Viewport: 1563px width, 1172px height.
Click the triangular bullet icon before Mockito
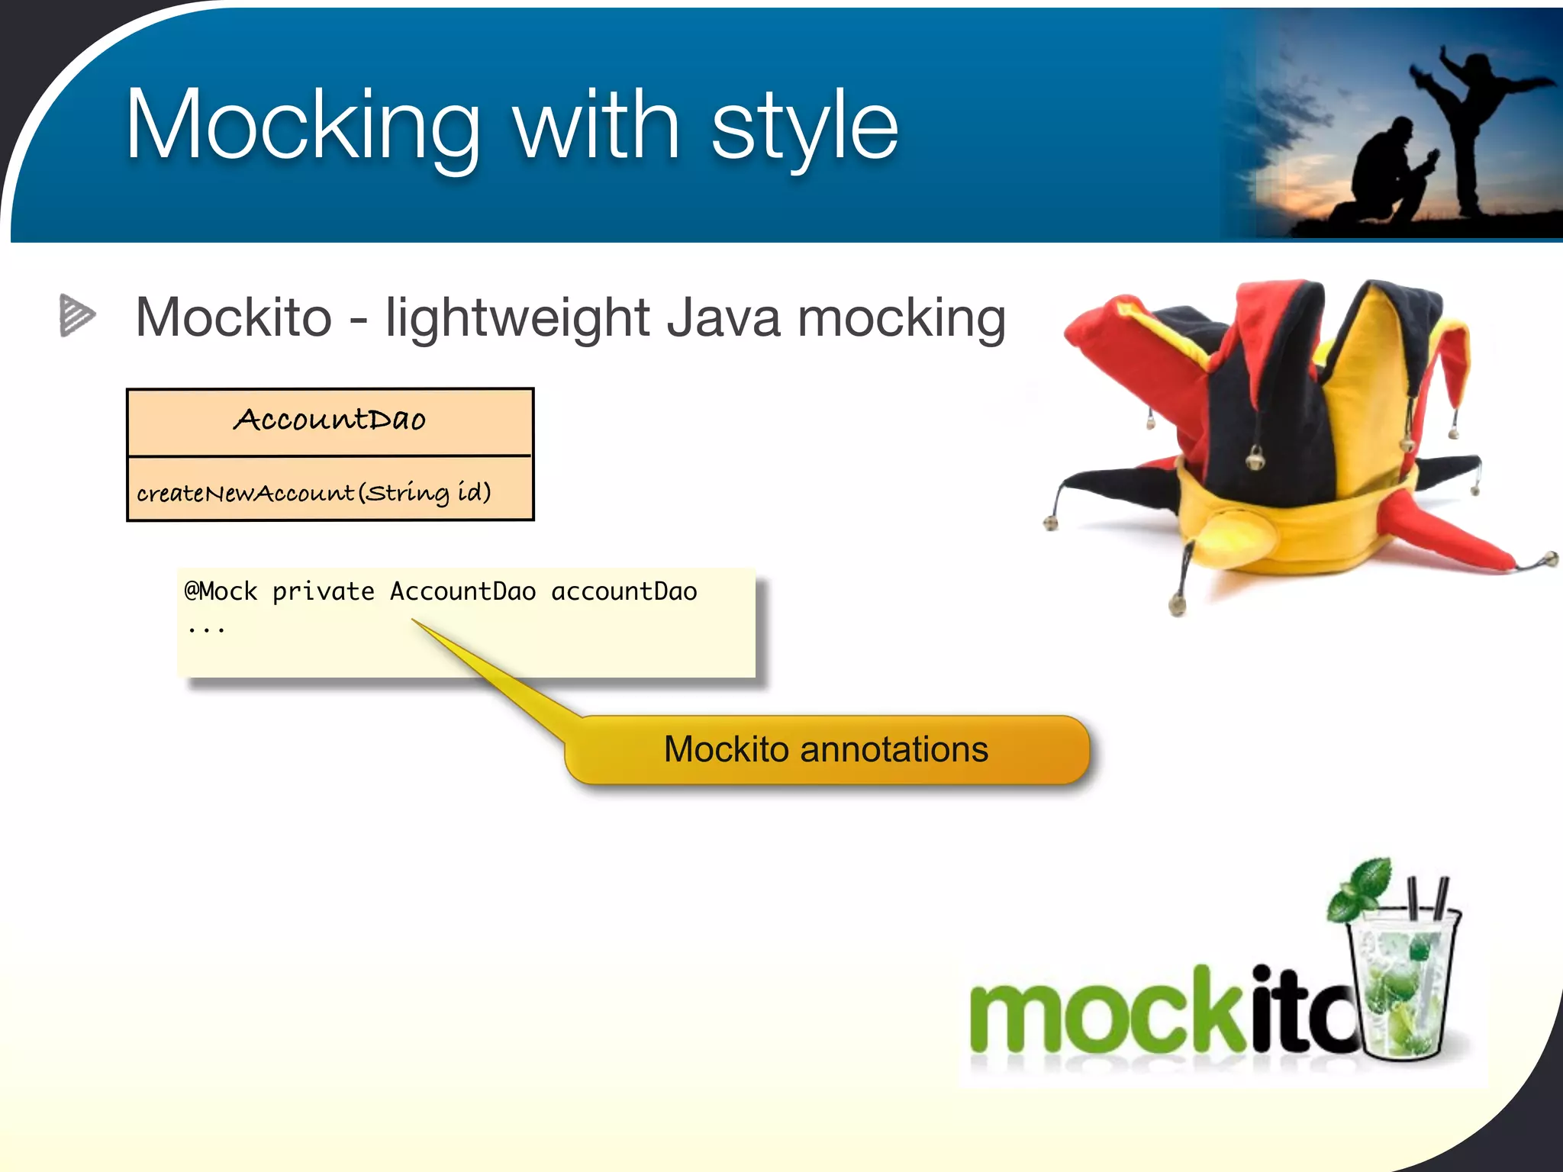pos(76,315)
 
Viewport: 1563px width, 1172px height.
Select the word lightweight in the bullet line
pos(517,318)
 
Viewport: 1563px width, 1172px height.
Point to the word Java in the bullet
pos(723,318)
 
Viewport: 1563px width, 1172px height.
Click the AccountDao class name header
pos(330,420)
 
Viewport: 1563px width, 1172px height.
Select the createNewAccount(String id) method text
pos(314,492)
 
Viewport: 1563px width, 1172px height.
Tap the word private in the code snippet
pos(323,591)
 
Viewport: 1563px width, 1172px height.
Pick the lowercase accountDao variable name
pos(624,591)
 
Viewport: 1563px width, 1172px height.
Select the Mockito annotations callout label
pos(826,749)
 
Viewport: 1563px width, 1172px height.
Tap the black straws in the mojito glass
pos(1426,900)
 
